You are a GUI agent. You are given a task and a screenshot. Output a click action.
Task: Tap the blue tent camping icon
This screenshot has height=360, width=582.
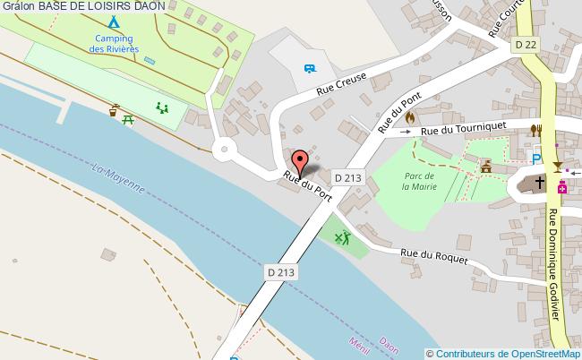[x=113, y=21]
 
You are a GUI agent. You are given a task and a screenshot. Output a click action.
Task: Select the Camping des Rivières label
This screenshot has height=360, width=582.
[x=114, y=43]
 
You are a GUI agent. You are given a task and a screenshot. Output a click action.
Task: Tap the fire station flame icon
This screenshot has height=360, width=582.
[x=411, y=116]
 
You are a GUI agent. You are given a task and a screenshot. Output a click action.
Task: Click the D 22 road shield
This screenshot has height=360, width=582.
[x=526, y=43]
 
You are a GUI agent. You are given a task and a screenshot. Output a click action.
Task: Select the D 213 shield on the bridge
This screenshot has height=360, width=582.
[x=280, y=271]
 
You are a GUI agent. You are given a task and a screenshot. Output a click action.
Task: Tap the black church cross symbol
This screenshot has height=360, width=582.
[x=539, y=183]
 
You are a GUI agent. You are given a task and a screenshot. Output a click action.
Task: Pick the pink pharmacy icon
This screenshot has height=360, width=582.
[x=562, y=187]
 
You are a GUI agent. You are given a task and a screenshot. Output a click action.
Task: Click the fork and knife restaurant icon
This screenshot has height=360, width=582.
[x=535, y=130]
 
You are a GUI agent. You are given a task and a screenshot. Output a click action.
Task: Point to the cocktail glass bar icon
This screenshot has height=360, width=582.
[x=557, y=167]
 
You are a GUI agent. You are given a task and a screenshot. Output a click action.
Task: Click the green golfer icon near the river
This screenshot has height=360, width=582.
[x=342, y=238]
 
